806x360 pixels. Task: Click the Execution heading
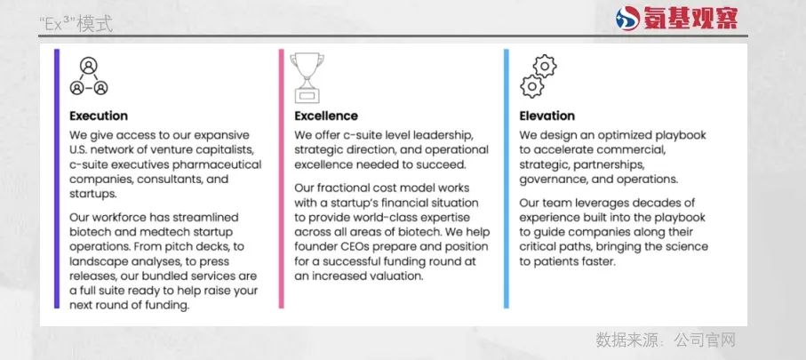pos(99,116)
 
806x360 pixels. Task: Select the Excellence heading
pos(326,116)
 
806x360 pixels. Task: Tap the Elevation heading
pos(547,116)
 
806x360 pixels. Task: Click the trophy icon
pos(307,78)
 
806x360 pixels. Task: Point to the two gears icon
pos(539,76)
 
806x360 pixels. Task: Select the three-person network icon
pos(89,76)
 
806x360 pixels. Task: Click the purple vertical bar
pos(57,179)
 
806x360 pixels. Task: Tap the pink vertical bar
pos(281,179)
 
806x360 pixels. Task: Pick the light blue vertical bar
pos(507,179)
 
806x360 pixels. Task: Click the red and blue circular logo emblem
pos(627,19)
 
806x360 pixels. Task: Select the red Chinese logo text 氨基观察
pos(690,19)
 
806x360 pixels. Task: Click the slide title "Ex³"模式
pos(76,24)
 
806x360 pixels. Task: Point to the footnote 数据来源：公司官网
pos(666,340)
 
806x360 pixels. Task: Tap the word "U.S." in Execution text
pos(79,149)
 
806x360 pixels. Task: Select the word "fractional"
pos(343,188)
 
